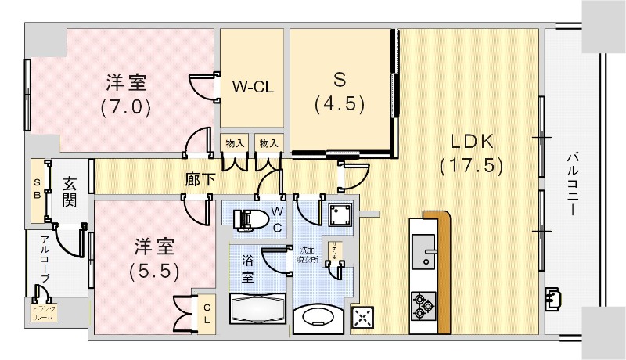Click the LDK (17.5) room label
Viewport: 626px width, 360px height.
point(471,153)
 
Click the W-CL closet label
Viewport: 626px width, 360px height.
point(252,87)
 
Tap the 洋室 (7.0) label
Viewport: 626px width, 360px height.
point(125,93)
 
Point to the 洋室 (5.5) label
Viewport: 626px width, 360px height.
point(154,259)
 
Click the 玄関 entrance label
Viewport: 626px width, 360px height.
point(70,192)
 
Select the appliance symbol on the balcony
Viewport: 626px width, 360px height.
point(555,297)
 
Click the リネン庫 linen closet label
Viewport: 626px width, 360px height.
point(332,250)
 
